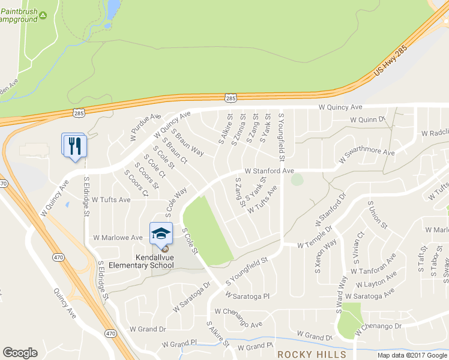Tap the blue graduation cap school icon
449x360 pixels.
pyautogui.click(x=161, y=233)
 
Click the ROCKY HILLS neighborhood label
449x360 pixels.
pyautogui.click(x=312, y=354)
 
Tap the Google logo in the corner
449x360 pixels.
pyautogui.click(x=20, y=353)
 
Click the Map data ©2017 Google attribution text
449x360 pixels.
pyautogui.click(x=412, y=355)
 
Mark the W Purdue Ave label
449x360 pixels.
pyautogui.click(x=145, y=127)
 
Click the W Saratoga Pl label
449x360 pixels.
pyautogui.click(x=247, y=296)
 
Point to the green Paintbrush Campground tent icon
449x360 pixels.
pyautogui.click(x=43, y=19)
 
